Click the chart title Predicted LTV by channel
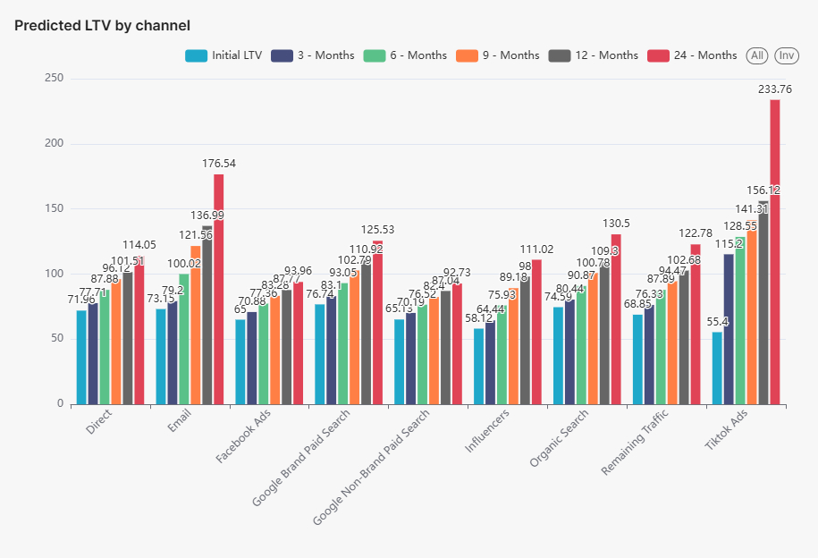102,26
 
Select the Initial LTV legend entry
224,55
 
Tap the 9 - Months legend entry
497,55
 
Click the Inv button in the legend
787,55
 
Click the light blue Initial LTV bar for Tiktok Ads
718,368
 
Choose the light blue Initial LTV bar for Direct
82,358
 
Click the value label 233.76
774,89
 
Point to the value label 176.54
218,164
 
